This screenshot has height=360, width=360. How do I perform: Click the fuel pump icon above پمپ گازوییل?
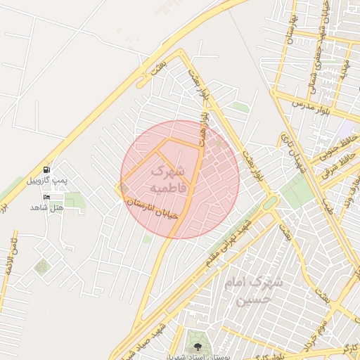(46, 169)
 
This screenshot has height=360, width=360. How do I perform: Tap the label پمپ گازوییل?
(47, 181)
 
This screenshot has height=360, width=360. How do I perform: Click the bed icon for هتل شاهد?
(46, 197)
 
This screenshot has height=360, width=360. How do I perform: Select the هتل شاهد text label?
(47, 207)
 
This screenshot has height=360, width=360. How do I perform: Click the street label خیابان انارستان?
(153, 208)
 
